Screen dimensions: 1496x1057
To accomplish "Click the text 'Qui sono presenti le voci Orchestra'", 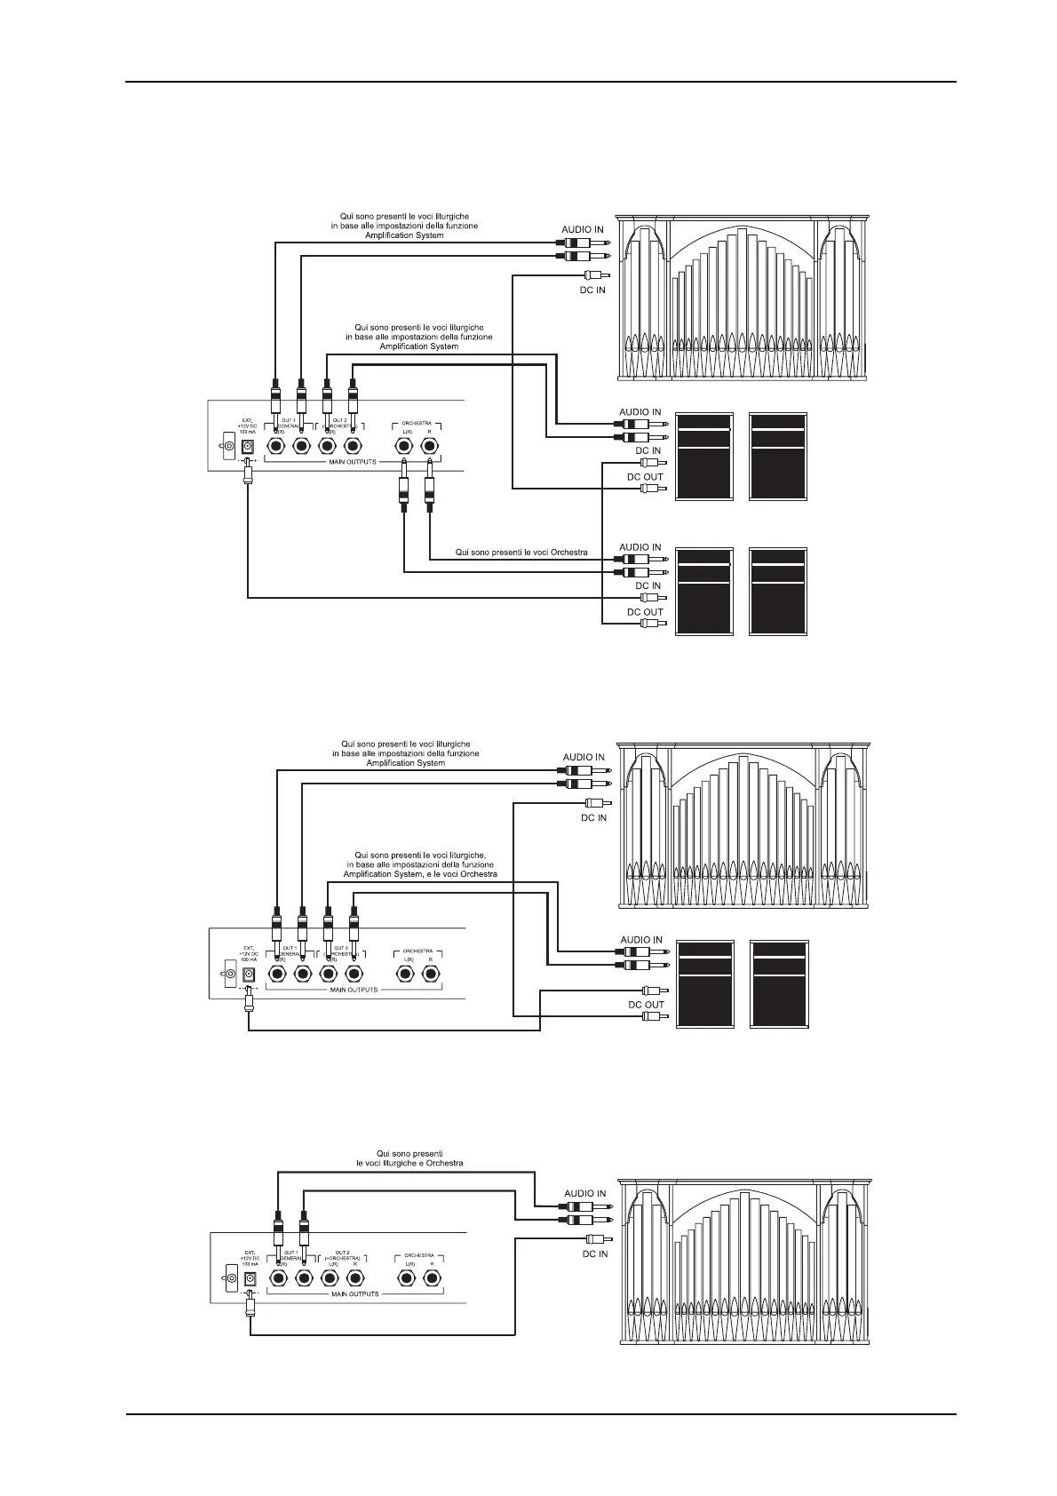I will [521, 553].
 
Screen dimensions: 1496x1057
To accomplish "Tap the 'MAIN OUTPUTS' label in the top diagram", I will [353, 462].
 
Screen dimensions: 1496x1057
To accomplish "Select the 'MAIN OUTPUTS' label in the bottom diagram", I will [354, 1293].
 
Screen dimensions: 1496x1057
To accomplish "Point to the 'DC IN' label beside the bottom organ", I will [594, 1254].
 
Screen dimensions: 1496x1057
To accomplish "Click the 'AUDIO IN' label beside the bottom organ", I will [584, 1193].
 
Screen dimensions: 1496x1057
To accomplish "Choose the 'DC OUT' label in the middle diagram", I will [646, 1005].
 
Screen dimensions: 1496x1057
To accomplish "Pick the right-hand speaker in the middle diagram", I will [779, 984].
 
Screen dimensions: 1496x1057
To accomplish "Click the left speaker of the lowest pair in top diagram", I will [705, 591].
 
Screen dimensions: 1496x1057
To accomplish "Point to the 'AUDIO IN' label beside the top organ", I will [582, 229].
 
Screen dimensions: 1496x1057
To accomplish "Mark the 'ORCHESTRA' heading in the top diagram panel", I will [418, 423].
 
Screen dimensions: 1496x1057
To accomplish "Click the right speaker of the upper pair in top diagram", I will [779, 457].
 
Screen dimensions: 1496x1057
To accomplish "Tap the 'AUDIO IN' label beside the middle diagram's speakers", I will [640, 939].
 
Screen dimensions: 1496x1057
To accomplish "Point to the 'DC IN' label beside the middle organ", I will [593, 817].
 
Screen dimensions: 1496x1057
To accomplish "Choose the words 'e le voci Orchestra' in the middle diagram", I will [458, 874].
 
